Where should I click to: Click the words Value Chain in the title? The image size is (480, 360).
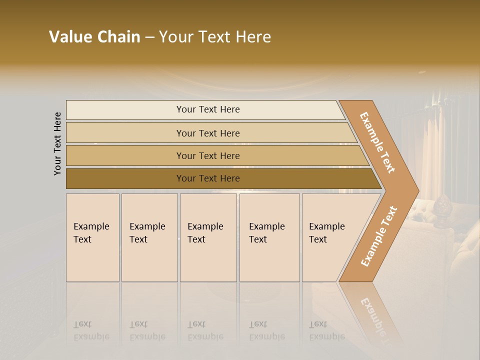click(x=94, y=37)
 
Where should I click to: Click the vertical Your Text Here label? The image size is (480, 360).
click(x=58, y=143)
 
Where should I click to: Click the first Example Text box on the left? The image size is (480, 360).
click(x=92, y=237)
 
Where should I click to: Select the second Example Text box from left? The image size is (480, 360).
click(x=149, y=237)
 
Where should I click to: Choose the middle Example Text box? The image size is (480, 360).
click(x=208, y=237)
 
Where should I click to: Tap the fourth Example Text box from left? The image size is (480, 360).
click(x=269, y=237)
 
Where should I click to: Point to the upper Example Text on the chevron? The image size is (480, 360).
click(x=377, y=142)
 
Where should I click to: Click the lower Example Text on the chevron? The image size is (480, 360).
click(x=379, y=236)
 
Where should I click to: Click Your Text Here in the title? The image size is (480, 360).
click(x=215, y=37)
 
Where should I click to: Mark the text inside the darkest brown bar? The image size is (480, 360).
click(x=208, y=178)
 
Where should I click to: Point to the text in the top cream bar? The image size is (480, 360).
click(x=208, y=109)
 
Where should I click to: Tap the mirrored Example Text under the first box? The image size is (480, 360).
click(x=91, y=330)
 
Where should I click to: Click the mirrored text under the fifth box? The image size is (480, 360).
click(x=327, y=330)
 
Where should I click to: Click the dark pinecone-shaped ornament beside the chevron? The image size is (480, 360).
click(x=441, y=205)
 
